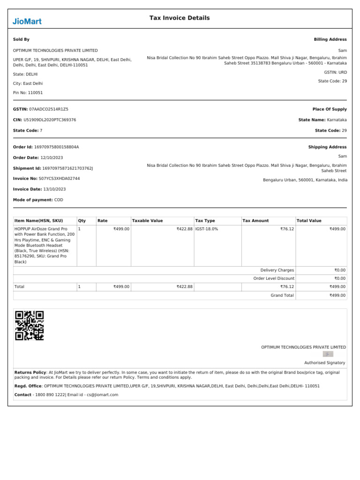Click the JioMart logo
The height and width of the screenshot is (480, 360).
(27, 21)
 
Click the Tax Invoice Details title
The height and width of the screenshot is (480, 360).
(180, 18)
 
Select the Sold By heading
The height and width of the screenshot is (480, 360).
(21, 40)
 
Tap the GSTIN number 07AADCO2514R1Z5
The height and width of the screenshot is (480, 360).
(49, 109)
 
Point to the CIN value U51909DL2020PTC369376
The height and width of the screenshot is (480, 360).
(50, 120)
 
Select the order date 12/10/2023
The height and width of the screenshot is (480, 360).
(52, 157)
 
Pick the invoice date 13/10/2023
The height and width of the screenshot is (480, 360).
(54, 189)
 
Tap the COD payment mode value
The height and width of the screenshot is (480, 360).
(59, 200)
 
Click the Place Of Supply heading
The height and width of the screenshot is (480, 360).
(330, 109)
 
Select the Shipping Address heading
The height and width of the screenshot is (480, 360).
(327, 147)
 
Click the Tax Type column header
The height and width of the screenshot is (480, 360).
(205, 221)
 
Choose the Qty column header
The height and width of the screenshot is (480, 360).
(82, 221)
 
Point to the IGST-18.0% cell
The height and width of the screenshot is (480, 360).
(207, 229)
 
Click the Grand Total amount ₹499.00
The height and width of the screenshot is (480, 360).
(337, 295)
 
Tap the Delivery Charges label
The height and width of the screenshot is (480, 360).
(277, 270)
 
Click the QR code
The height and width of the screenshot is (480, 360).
(30, 325)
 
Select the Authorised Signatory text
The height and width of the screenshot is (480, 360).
(324, 363)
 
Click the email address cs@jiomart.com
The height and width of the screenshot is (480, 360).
(102, 395)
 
